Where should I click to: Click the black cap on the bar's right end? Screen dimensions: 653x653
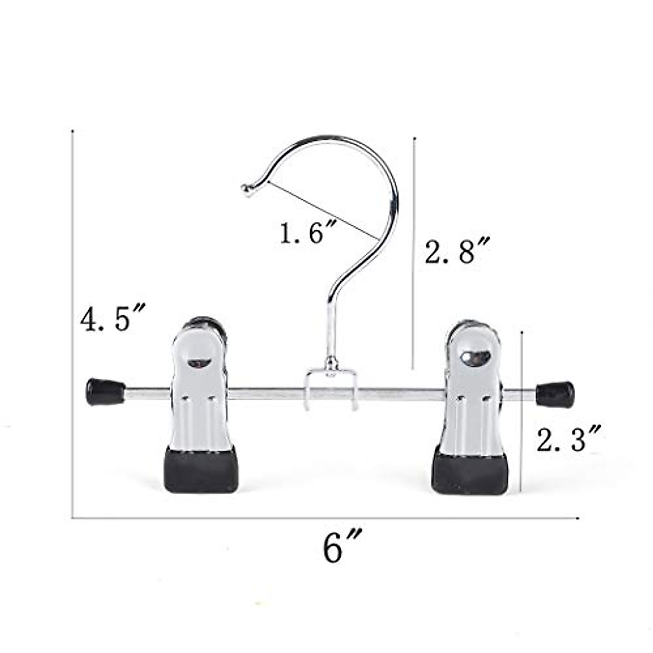pos(555,395)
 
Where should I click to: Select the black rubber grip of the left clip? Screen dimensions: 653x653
pos(201,470)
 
